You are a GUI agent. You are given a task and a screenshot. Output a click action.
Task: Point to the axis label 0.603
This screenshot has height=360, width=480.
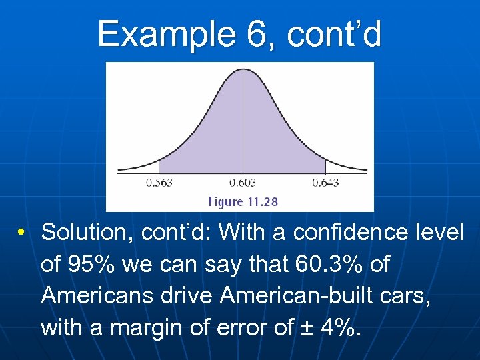[x=243, y=182]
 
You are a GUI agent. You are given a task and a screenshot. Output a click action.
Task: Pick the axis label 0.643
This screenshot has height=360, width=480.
[x=326, y=182]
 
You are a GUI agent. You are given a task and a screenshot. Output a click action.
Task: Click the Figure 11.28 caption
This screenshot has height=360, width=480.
[x=243, y=201]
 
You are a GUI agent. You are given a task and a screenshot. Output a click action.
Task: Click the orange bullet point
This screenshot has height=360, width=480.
[x=22, y=233]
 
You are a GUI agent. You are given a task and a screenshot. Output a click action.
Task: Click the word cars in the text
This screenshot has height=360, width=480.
[x=407, y=295]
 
